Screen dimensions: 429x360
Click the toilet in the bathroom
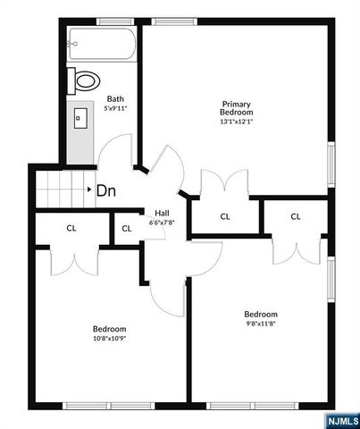point(86,80)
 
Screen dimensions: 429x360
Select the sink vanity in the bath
point(80,117)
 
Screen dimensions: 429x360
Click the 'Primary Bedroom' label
point(238,108)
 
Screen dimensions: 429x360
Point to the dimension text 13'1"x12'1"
point(238,122)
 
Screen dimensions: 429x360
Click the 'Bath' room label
point(115,98)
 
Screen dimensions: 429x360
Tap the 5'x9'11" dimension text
point(115,108)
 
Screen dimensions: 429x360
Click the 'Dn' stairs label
point(106,189)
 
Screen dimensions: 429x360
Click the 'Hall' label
point(162,213)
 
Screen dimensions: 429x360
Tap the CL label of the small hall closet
point(127,228)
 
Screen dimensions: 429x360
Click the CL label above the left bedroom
point(71,228)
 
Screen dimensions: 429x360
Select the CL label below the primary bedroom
point(225,215)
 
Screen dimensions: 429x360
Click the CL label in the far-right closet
point(296,215)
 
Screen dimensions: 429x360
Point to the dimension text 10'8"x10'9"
point(110,339)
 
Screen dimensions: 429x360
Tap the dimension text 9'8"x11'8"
point(262,325)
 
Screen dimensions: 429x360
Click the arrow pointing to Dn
point(88,189)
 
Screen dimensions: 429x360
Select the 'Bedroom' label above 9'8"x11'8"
point(262,315)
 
